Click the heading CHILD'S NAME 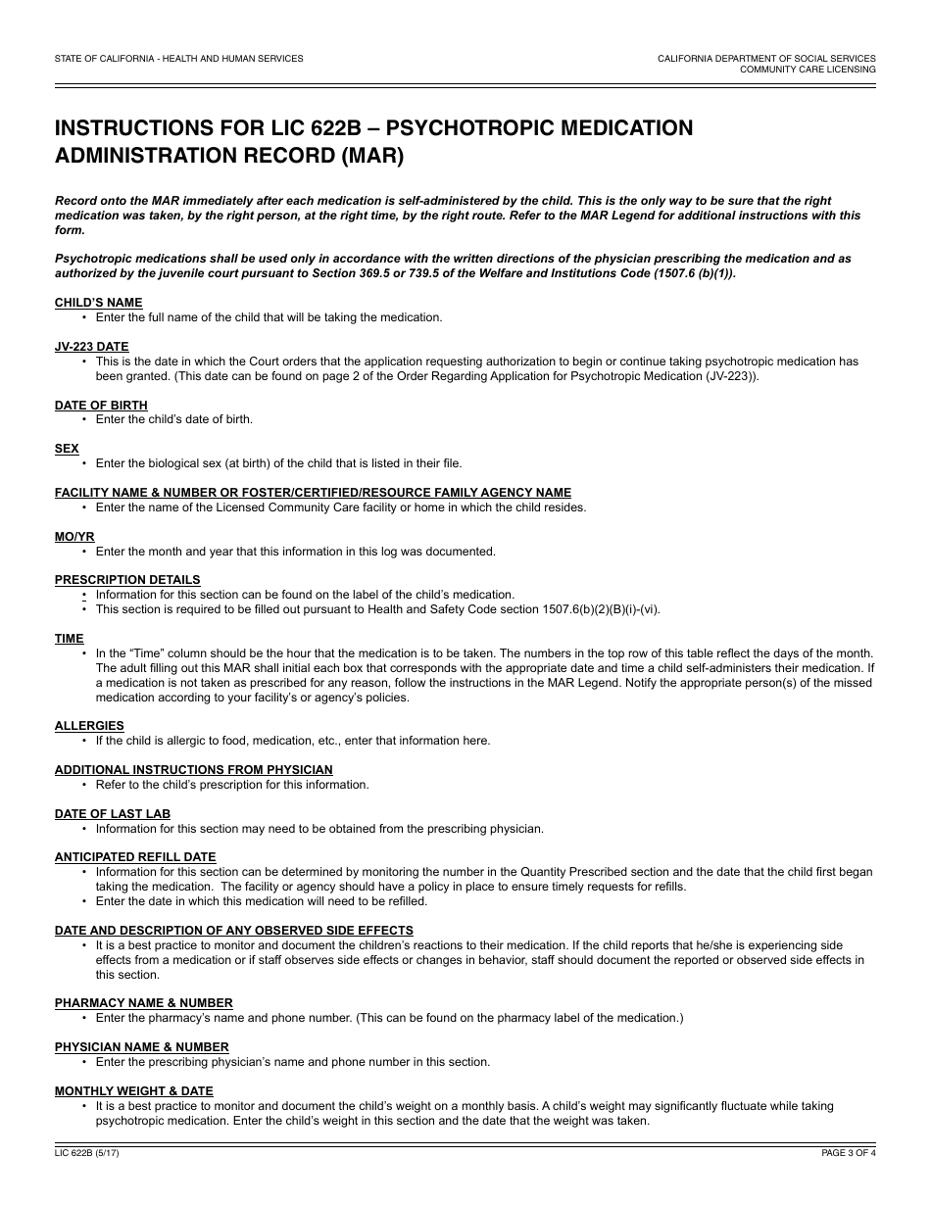(98, 303)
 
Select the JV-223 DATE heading (91, 347)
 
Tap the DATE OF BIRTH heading (101, 405)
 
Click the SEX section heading (67, 449)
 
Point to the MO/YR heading (74, 537)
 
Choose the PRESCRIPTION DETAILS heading (127, 580)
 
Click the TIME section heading (69, 639)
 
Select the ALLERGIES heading (89, 726)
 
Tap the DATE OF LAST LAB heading (113, 814)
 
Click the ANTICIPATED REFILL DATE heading (135, 857)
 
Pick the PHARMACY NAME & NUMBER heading (144, 1003)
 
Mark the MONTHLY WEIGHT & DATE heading (133, 1091)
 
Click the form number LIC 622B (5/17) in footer (87, 1153)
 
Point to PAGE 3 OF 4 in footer (849, 1153)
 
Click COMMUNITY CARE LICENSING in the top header (808, 70)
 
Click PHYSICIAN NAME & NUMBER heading (141, 1047)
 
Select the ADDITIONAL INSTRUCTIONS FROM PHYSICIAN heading (193, 770)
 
